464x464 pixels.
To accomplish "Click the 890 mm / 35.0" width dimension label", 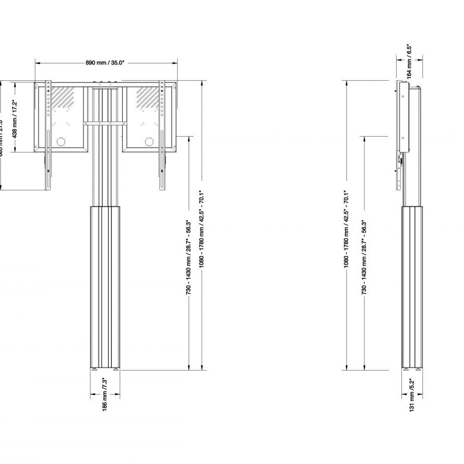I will (x=105, y=63).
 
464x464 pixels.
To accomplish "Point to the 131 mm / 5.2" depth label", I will (x=412, y=400).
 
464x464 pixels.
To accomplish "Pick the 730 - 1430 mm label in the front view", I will (x=189, y=257).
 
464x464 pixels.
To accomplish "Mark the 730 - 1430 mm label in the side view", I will (x=364, y=257).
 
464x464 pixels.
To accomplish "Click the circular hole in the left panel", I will (x=61, y=142).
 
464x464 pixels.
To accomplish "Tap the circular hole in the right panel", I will (x=149, y=142).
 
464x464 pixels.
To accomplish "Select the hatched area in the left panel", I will (x=63, y=97).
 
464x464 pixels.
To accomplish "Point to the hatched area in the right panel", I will (x=147, y=97).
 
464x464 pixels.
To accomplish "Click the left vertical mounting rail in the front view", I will (x=48, y=135).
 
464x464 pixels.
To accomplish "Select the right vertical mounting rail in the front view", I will (x=162, y=135).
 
